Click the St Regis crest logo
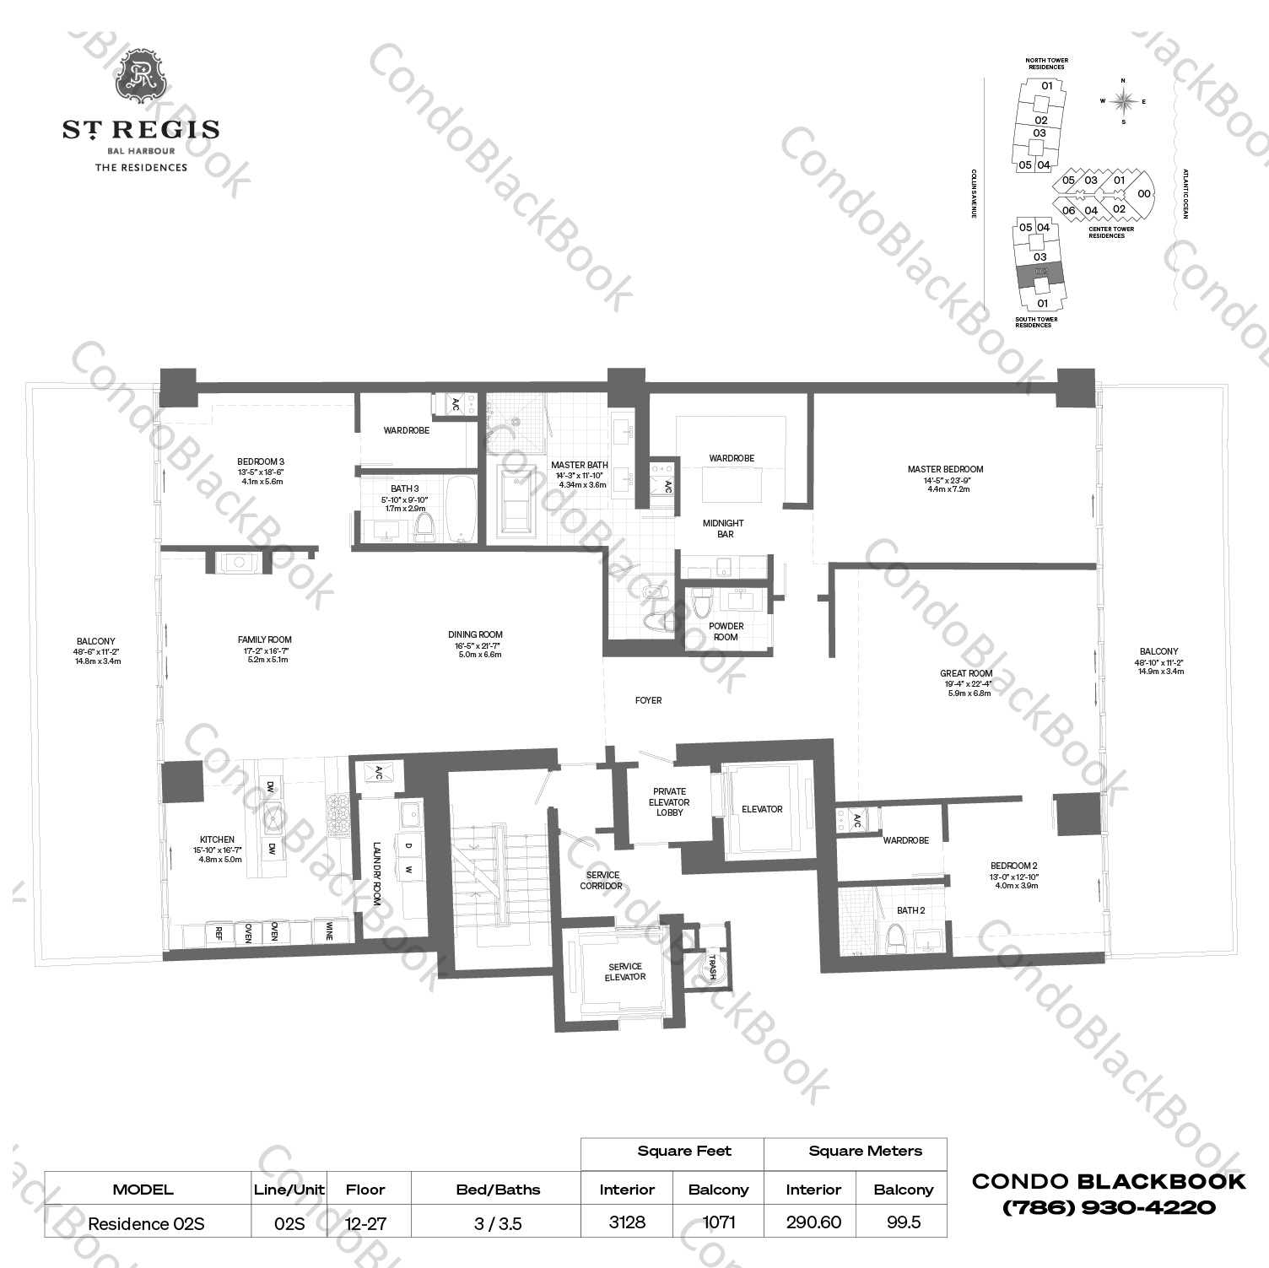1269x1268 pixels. click(x=141, y=74)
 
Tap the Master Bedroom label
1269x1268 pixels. click(x=945, y=470)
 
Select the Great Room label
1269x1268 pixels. click(x=966, y=674)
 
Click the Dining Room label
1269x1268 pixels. click(x=475, y=635)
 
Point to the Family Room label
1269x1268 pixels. click(x=264, y=640)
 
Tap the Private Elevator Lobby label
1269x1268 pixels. click(x=669, y=802)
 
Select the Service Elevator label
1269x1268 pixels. click(x=624, y=972)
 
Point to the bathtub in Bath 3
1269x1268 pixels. click(x=461, y=510)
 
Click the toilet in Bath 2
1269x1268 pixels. click(x=894, y=936)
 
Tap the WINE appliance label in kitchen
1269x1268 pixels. click(x=328, y=931)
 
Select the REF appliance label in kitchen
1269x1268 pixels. click(x=219, y=933)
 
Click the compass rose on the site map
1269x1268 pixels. click(x=1122, y=101)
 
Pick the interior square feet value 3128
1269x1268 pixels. click(x=627, y=1222)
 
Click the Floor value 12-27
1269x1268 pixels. click(x=365, y=1223)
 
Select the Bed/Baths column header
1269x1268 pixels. click(x=498, y=1190)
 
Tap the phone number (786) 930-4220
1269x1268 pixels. click(x=1108, y=1207)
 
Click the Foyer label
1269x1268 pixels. click(x=648, y=700)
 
